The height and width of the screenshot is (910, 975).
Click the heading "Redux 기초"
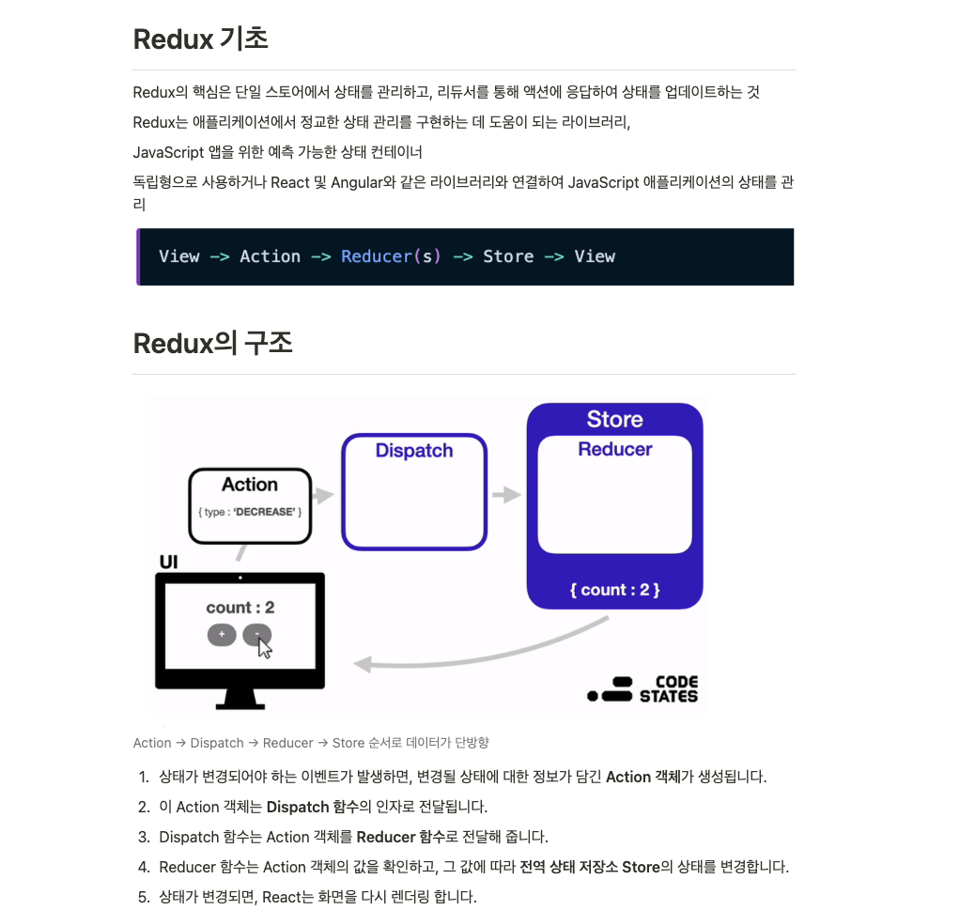click(x=200, y=39)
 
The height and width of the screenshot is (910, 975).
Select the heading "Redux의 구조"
click(x=212, y=344)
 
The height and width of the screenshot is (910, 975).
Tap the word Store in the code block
click(x=508, y=256)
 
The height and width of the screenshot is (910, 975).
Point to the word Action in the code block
click(x=270, y=256)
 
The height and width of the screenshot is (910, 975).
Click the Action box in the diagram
click(x=250, y=505)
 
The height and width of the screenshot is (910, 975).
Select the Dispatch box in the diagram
click(x=414, y=491)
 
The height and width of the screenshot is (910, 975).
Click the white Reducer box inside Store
click(x=614, y=495)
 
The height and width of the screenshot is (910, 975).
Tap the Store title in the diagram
click(x=614, y=419)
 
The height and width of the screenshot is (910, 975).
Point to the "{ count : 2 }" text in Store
click(x=614, y=590)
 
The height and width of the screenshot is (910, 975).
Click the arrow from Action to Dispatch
click(x=323, y=495)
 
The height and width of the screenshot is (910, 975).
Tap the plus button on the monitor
click(x=221, y=635)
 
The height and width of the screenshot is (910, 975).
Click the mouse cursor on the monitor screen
click(x=265, y=647)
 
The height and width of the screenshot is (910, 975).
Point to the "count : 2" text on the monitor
click(x=240, y=608)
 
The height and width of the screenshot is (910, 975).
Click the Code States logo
click(x=643, y=689)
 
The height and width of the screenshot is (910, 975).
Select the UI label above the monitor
click(x=168, y=563)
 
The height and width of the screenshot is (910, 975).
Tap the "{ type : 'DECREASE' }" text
click(x=250, y=512)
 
